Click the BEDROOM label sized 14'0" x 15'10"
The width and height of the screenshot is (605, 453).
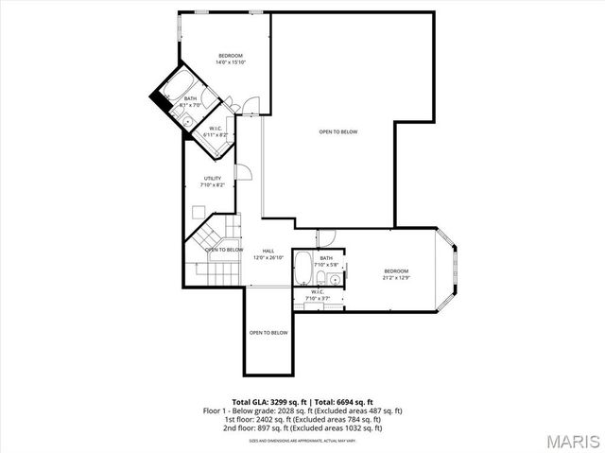click(x=231, y=59)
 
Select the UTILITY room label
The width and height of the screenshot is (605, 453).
click(x=212, y=182)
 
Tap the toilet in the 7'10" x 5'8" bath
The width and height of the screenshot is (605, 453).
click(x=321, y=277)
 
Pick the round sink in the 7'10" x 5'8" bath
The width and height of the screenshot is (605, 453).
click(x=337, y=278)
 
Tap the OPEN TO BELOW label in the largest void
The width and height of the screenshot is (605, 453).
click(x=337, y=131)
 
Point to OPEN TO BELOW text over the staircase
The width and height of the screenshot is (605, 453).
click(x=223, y=250)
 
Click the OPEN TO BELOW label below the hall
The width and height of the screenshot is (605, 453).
click(x=268, y=333)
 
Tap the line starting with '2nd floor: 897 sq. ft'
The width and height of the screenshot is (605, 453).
click(x=302, y=427)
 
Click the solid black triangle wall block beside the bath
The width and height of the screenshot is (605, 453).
click(x=156, y=99)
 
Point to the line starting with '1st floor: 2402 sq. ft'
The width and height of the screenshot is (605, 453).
click(x=302, y=419)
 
